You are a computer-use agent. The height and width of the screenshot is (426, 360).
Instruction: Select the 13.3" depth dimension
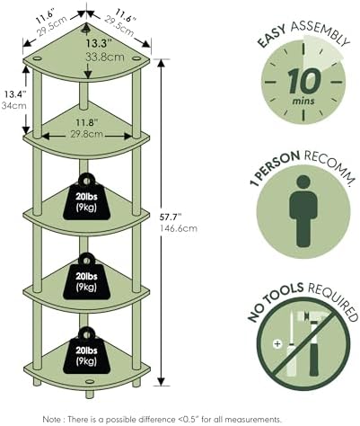[99, 43]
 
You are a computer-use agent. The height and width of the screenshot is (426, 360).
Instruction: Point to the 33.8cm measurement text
[105, 57]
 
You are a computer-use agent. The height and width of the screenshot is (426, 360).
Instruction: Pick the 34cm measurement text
[14, 105]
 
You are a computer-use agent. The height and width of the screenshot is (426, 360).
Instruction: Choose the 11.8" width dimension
[87, 123]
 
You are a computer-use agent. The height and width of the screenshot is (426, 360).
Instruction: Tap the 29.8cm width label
[87, 134]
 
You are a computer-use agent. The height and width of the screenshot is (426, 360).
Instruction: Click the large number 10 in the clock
[304, 81]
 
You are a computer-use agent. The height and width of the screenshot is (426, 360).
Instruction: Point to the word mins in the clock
[303, 101]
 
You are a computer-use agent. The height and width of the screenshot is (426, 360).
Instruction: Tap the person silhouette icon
[303, 211]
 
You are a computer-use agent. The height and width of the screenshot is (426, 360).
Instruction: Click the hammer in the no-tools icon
[314, 342]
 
